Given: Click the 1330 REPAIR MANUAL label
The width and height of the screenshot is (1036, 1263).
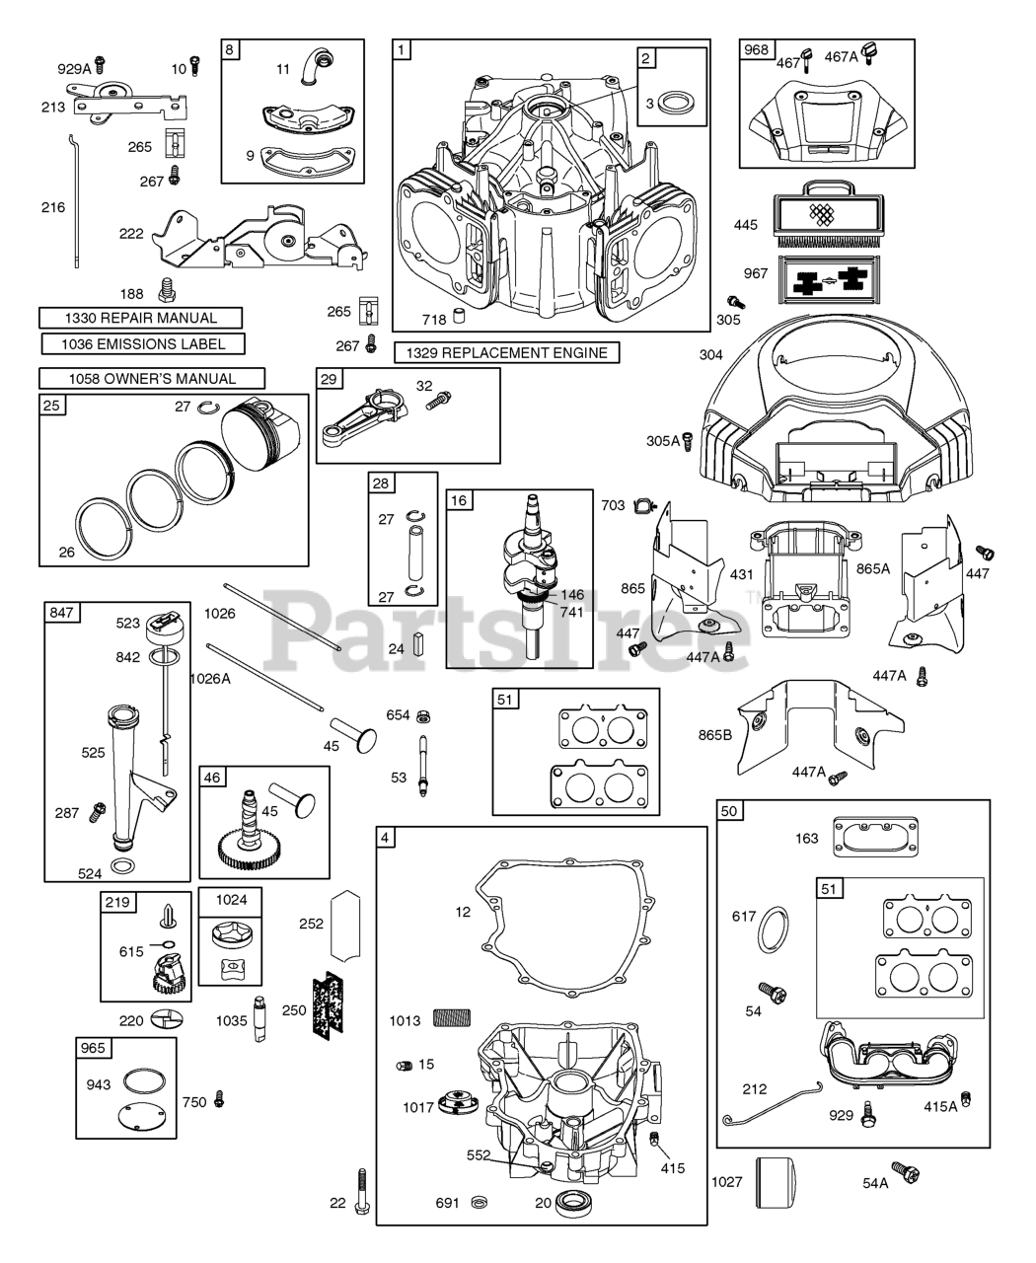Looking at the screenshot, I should tap(142, 318).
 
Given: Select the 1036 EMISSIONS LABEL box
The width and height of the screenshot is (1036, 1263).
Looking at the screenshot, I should tap(143, 344).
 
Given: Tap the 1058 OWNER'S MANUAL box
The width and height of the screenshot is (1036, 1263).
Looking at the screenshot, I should tap(152, 378).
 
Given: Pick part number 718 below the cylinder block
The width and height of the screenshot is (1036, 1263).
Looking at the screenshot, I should tap(458, 318).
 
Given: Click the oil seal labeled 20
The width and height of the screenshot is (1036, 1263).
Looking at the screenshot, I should tap(570, 1203).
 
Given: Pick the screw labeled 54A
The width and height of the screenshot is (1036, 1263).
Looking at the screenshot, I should tap(906, 1175).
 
